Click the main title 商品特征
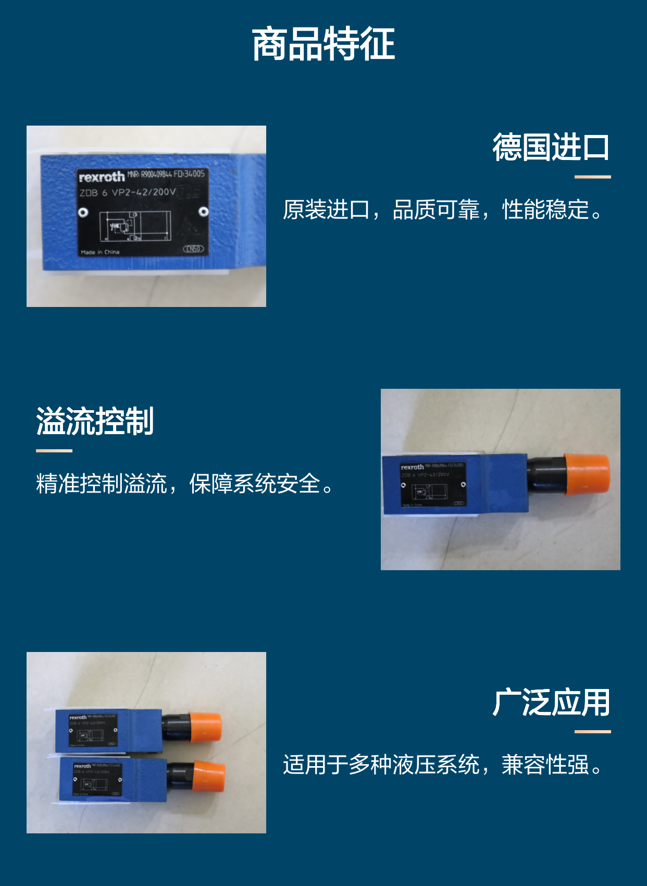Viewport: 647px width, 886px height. pyautogui.click(x=323, y=44)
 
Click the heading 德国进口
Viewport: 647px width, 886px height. pyautogui.click(x=551, y=147)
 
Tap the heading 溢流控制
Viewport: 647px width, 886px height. pyautogui.click(x=95, y=421)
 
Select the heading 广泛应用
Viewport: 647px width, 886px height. pyautogui.click(x=551, y=703)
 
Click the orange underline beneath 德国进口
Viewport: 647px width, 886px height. pyautogui.click(x=592, y=177)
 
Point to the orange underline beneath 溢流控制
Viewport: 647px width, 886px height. pyautogui.click(x=54, y=451)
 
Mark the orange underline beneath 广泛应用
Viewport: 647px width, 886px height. pyautogui.click(x=592, y=732)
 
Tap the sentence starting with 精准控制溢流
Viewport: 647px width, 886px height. pyautogui.click(x=185, y=484)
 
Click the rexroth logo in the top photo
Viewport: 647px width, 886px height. pyautogui.click(x=102, y=177)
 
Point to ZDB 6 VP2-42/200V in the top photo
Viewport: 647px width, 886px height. pyautogui.click(x=128, y=192)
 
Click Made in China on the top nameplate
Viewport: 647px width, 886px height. pyautogui.click(x=100, y=252)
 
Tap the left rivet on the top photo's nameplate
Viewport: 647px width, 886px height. pyautogui.click(x=83, y=212)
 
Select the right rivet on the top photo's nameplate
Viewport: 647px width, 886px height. pyautogui.click(x=204, y=212)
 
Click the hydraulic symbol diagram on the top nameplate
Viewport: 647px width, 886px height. pyautogui.click(x=134, y=226)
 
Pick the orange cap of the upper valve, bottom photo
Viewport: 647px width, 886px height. pyautogui.click(x=205, y=727)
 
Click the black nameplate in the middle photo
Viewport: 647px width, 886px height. pyautogui.click(x=433, y=484)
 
